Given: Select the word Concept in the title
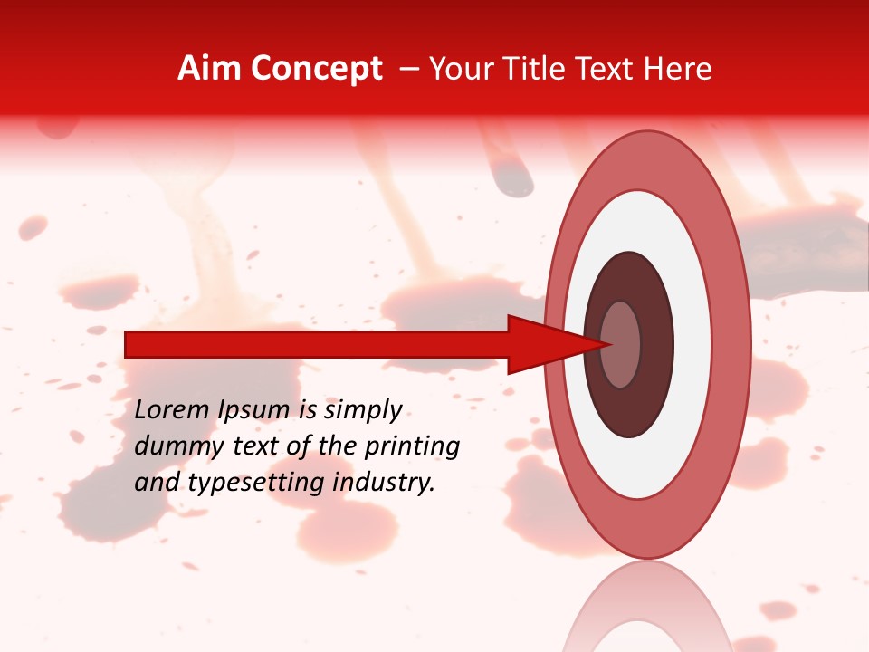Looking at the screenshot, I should point(316,69).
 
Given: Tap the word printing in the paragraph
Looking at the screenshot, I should point(412,446).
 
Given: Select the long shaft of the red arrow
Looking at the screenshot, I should point(317,345).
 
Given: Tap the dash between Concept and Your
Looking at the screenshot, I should point(409,69).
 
